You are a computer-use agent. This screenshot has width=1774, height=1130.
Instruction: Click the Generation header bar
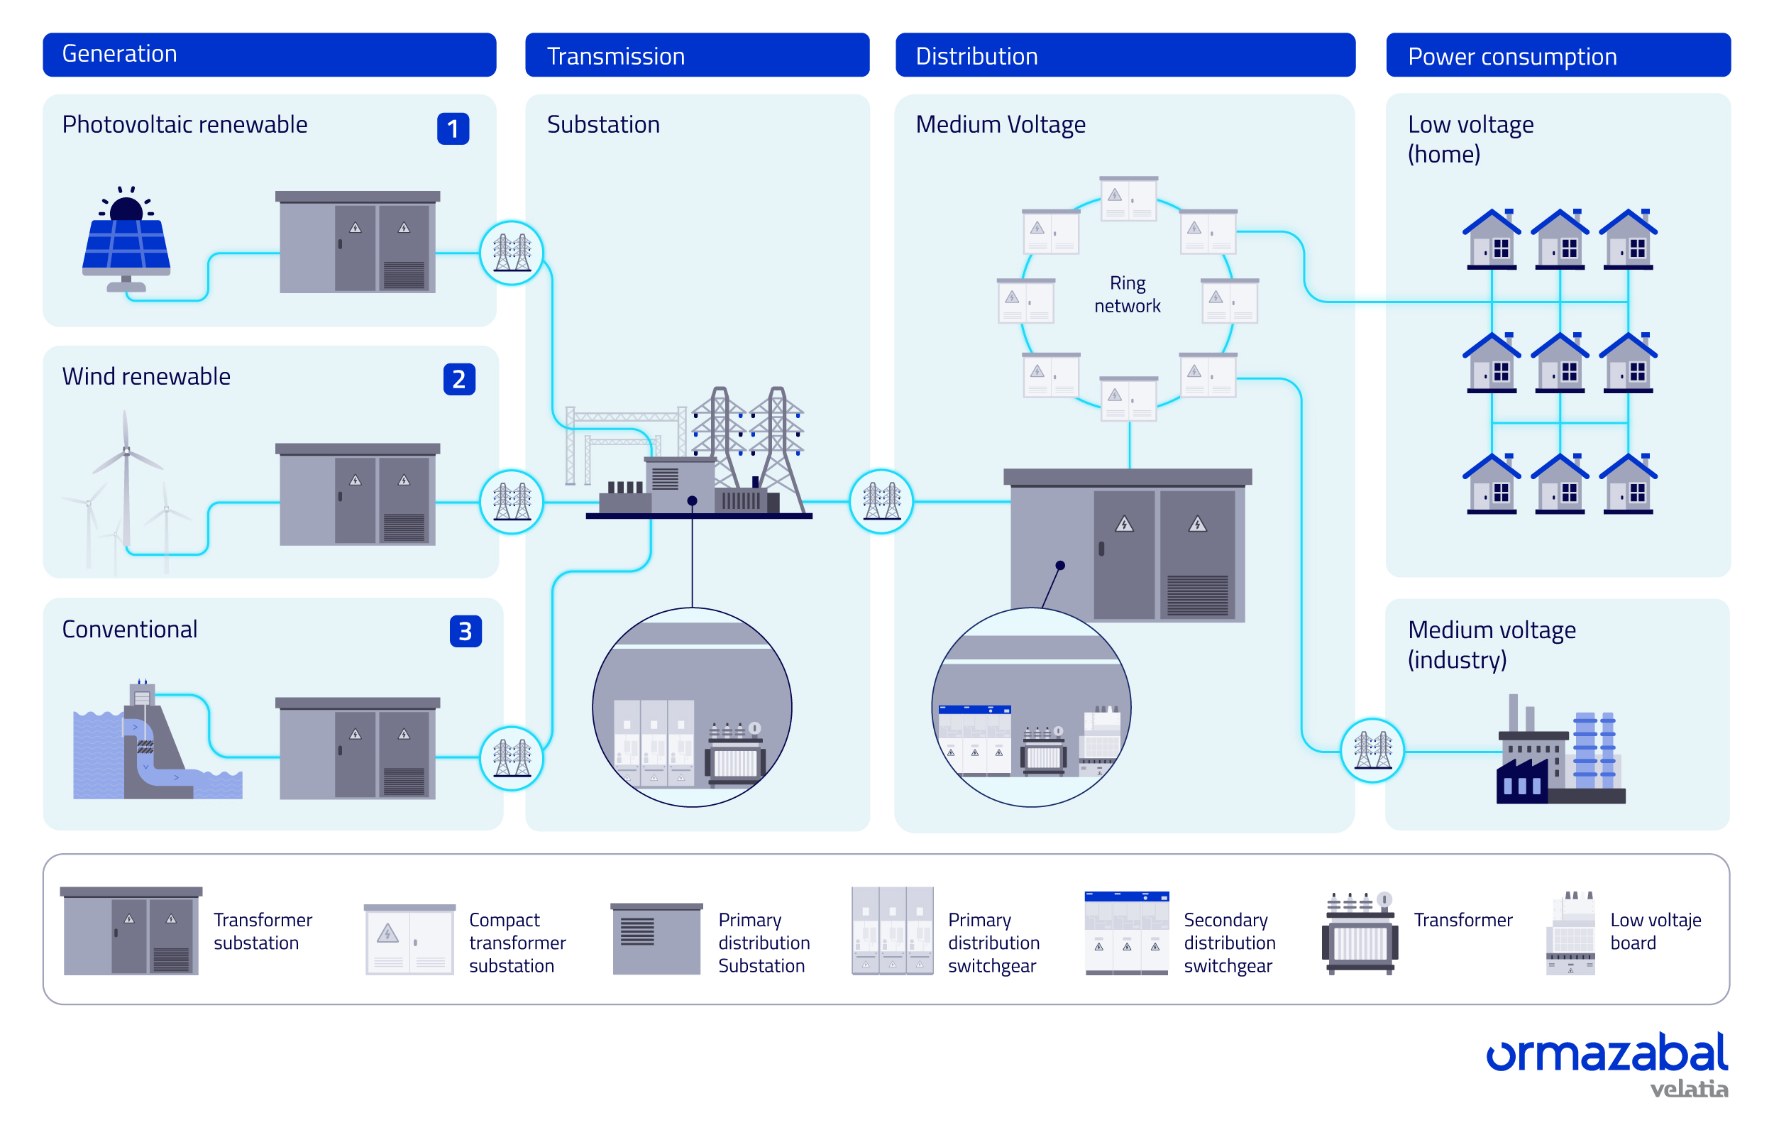(269, 55)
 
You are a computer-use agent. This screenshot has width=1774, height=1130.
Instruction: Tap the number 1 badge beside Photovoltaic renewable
(453, 129)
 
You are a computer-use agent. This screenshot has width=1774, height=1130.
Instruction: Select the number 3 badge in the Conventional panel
(465, 632)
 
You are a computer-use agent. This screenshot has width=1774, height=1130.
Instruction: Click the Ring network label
(1127, 295)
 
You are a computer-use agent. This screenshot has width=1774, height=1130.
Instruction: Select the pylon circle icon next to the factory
(1372, 750)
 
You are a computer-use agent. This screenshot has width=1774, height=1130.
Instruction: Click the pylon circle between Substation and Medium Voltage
(881, 501)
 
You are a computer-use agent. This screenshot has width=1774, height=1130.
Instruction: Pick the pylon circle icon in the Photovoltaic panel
(512, 253)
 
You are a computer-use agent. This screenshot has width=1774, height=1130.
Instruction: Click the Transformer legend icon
(1360, 933)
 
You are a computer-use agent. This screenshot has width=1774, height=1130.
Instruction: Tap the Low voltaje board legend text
(1655, 932)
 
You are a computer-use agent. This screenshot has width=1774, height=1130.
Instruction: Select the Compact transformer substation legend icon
(409, 940)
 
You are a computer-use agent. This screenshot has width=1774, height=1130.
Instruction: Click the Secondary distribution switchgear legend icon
(1126, 933)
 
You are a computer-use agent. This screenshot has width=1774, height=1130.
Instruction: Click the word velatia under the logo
(1689, 1090)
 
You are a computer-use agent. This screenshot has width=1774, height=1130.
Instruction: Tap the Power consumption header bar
(1558, 55)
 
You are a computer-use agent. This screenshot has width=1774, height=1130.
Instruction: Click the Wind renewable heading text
(146, 377)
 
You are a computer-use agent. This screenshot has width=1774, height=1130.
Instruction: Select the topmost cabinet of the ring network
(1128, 199)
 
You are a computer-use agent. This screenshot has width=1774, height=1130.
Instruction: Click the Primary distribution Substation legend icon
(656, 939)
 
